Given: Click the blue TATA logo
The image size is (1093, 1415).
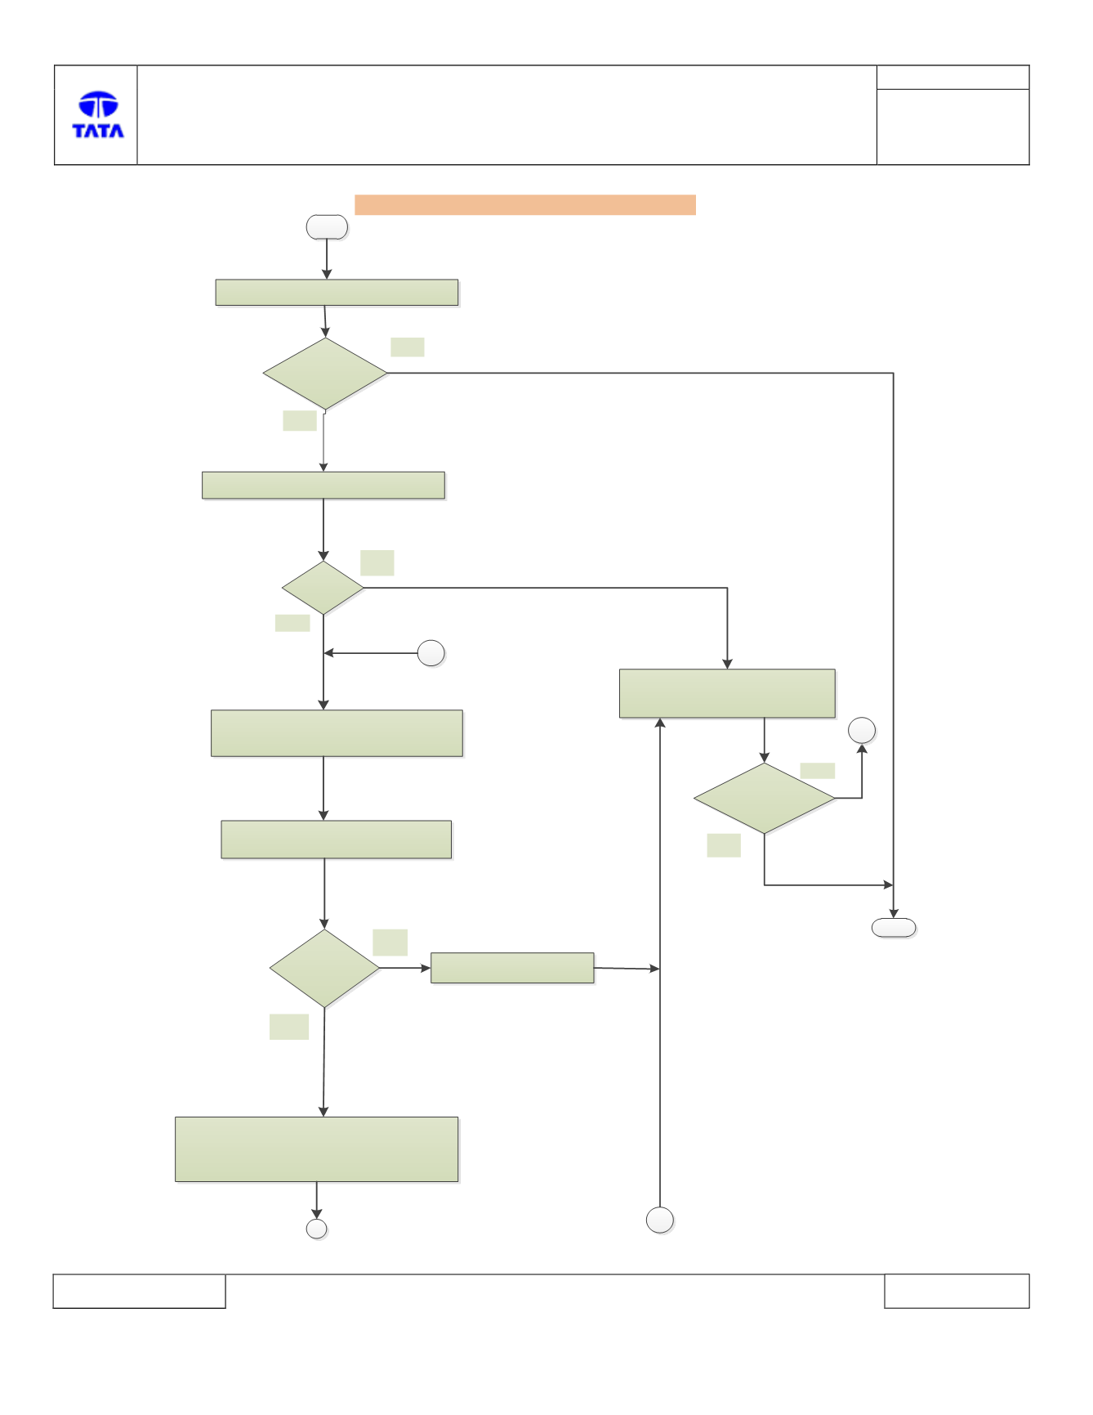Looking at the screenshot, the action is click(x=98, y=114).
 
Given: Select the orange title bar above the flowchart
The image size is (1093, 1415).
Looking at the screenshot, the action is click(x=524, y=204).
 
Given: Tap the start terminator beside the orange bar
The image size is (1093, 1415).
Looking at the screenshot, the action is click(x=327, y=227).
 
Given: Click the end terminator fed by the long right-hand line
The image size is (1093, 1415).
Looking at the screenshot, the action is click(x=894, y=928).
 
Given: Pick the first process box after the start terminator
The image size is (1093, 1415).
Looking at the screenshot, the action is click(x=337, y=293).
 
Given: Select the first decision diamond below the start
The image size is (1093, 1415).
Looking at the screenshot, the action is click(x=325, y=374).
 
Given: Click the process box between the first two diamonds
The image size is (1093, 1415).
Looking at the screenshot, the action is click(x=323, y=486).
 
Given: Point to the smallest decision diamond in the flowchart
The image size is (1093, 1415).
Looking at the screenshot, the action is click(x=323, y=588).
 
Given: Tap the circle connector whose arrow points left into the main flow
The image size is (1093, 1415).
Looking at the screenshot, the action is click(x=431, y=654).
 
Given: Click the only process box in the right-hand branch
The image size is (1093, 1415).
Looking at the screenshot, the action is click(x=727, y=694).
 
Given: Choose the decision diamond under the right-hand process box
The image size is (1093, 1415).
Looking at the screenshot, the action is click(x=765, y=799).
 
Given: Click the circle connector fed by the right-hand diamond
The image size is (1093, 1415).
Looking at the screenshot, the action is click(x=862, y=731).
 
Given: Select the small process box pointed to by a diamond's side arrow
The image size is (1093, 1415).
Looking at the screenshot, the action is click(x=512, y=968).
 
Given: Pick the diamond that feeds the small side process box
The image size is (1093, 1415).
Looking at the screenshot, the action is click(x=324, y=969).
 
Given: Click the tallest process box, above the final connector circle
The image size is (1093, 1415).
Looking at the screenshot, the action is click(x=317, y=1149).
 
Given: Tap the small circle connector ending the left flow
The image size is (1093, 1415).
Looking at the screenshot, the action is click(x=316, y=1229).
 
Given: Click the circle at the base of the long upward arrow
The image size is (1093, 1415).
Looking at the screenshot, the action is click(x=660, y=1220).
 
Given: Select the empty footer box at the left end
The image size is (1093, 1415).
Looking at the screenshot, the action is click(x=140, y=1292).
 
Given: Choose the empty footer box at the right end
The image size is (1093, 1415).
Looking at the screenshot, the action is click(x=957, y=1292).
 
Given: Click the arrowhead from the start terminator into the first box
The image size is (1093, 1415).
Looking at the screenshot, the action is click(x=327, y=275).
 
